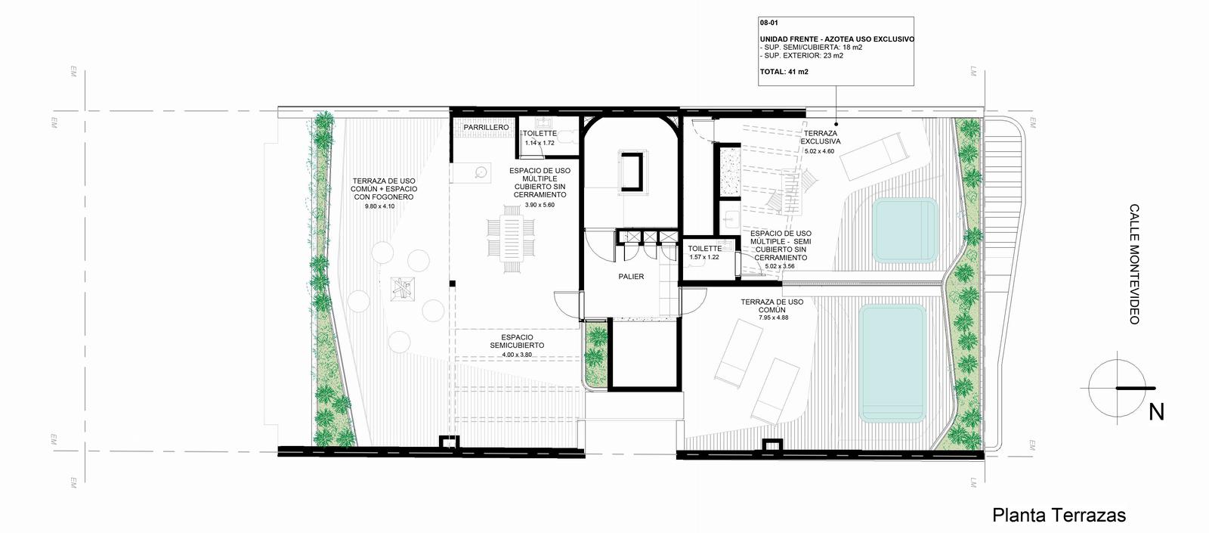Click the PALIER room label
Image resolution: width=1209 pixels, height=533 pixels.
tap(631, 277)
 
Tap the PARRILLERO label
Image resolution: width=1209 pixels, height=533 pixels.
tap(486, 128)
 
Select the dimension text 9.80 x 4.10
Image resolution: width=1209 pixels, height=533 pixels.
tap(379, 206)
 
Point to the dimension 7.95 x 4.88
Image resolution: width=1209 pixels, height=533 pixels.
tap(774, 318)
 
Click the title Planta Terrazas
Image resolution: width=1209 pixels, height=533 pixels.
tap(1059, 515)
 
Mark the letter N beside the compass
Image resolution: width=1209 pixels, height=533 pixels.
tap(1156, 413)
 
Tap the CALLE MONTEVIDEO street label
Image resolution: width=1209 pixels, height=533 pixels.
tap(1134, 264)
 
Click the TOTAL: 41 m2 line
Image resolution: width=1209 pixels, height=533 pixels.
tap(784, 72)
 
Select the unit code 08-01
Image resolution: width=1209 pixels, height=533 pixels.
tap(769, 23)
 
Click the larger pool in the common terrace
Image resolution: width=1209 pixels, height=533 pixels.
tap(892, 363)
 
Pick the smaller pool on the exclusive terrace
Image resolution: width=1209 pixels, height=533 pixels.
tap(905, 231)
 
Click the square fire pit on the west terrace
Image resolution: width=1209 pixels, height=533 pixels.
tap(403, 289)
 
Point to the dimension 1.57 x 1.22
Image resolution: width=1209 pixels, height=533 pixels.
tap(703, 257)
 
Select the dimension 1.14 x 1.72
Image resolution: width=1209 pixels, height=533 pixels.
tap(540, 143)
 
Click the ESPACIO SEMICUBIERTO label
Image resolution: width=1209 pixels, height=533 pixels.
tap(517, 341)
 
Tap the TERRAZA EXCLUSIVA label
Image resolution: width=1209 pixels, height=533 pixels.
tap(821, 137)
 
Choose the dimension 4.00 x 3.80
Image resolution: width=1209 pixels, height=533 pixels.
tap(517, 355)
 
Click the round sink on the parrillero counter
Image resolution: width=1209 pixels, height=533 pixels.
tap(481, 172)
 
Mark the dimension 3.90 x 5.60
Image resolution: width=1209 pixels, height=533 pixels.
tap(540, 205)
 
